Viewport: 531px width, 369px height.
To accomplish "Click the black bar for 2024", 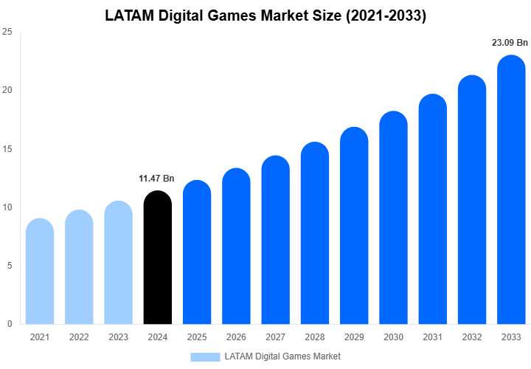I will coord(157,258).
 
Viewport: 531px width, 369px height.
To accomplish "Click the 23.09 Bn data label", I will coord(510,43).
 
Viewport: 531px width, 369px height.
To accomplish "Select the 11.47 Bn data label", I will coord(156,179).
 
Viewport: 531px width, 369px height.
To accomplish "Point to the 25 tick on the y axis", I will coord(7,32).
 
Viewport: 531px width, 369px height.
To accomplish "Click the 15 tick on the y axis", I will coord(7,149).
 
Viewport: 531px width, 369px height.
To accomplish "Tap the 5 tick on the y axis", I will coord(9,266).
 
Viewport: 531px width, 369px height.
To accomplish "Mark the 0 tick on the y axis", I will coord(9,324).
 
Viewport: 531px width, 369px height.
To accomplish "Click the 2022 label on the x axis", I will coord(79,337).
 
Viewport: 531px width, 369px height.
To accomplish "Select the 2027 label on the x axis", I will coord(275,337).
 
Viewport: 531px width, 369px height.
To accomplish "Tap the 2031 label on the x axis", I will coord(432,337).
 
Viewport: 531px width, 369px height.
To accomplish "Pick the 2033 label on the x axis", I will coord(511,337).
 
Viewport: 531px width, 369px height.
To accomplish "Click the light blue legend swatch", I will coord(205,356).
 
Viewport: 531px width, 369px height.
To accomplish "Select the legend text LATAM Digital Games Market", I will coord(282,356).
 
